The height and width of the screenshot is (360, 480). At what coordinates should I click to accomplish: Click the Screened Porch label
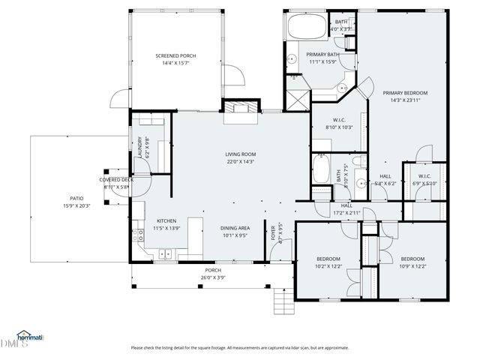[176, 56]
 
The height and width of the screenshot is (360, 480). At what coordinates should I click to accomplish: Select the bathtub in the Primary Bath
[304, 28]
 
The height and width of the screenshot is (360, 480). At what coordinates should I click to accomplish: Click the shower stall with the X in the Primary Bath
[296, 98]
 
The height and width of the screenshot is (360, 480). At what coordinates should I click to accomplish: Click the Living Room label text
[241, 154]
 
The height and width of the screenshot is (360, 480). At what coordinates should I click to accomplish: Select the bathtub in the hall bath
[321, 170]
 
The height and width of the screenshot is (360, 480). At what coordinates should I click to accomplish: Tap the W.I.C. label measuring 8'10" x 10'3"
[339, 124]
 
